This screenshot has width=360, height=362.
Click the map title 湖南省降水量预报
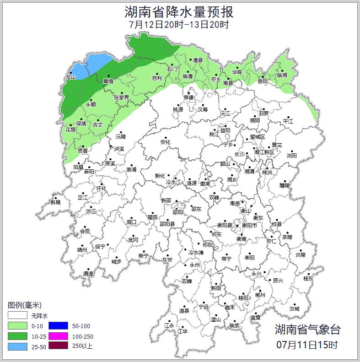[x=179, y=11]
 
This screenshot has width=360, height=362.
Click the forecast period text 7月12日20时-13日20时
[x=179, y=24]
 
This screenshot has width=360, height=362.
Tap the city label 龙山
[x=70, y=77]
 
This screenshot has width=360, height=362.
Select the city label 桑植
[x=108, y=81]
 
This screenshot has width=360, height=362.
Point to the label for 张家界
[x=121, y=97]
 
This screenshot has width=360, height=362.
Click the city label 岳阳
[x=263, y=81]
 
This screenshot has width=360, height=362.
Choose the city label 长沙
[x=239, y=154]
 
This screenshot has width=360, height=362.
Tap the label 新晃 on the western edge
[x=55, y=202]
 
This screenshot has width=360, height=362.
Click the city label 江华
[x=183, y=331]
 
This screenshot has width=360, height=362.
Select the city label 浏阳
[x=291, y=156]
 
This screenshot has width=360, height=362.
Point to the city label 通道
[x=88, y=274]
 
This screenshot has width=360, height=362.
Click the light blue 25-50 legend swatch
[x=17, y=346]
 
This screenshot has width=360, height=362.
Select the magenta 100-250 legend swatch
[x=59, y=336]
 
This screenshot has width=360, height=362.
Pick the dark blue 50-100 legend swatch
[x=59, y=326]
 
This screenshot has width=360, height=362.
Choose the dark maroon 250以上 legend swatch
[x=59, y=346]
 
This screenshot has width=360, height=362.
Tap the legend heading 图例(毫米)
[x=25, y=305]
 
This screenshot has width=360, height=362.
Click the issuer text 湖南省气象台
[x=307, y=330]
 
